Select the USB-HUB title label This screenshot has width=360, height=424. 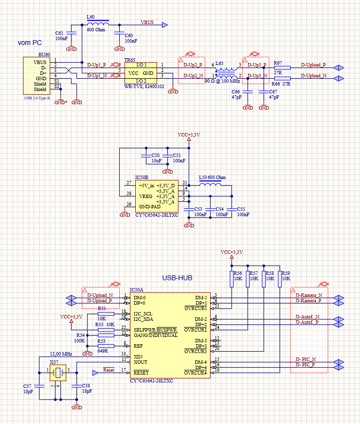coord(177,278)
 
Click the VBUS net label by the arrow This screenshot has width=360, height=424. coord(147,22)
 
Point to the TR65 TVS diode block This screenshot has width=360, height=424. coord(140,73)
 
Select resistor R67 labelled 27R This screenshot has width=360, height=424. coord(282,68)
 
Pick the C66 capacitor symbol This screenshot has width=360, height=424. coord(248,91)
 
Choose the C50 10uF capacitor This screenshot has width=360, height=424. coord(145,155)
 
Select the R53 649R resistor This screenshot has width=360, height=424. coord(106,346)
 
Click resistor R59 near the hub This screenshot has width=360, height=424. coord(280,279)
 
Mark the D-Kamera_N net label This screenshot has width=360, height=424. coord(309,295)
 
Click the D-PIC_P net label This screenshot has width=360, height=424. coord(305,365)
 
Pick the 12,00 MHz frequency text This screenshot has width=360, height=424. coord(61,354)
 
